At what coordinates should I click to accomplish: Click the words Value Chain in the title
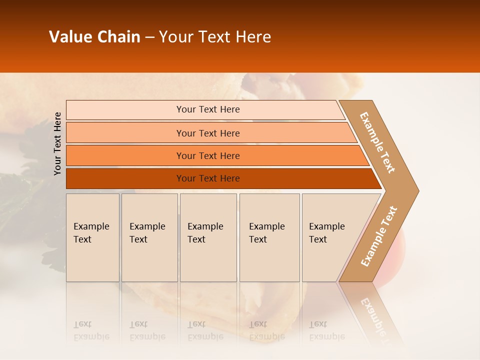94,37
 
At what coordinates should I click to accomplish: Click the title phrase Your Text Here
215,37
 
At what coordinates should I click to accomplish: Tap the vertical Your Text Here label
57,143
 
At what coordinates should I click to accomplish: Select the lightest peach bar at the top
208,109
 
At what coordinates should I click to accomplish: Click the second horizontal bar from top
208,133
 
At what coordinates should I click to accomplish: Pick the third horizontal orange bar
208,155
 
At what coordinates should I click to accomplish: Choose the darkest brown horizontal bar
208,178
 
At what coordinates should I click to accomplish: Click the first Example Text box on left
92,237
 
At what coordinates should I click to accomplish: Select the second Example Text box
149,237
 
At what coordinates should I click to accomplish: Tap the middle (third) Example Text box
208,237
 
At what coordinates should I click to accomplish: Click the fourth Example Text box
269,237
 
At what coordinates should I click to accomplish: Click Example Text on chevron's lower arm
379,236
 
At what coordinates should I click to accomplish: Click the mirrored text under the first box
91,330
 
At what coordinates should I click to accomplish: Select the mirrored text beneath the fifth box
326,330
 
